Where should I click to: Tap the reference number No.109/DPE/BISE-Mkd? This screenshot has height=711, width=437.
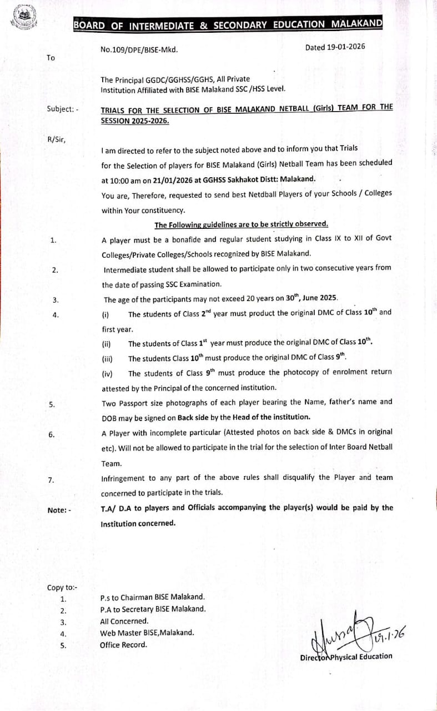tap(139, 49)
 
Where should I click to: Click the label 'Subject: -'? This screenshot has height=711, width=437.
tap(63, 109)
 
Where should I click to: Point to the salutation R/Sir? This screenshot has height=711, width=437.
tap(56, 139)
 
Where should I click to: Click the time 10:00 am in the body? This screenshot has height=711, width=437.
tap(126, 179)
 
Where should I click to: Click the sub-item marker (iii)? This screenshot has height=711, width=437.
tap(107, 359)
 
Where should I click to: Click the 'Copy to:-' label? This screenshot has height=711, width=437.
tap(62, 588)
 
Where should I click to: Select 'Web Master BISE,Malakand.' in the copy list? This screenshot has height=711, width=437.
tap(147, 633)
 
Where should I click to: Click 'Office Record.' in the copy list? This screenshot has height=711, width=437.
tap(123, 645)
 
